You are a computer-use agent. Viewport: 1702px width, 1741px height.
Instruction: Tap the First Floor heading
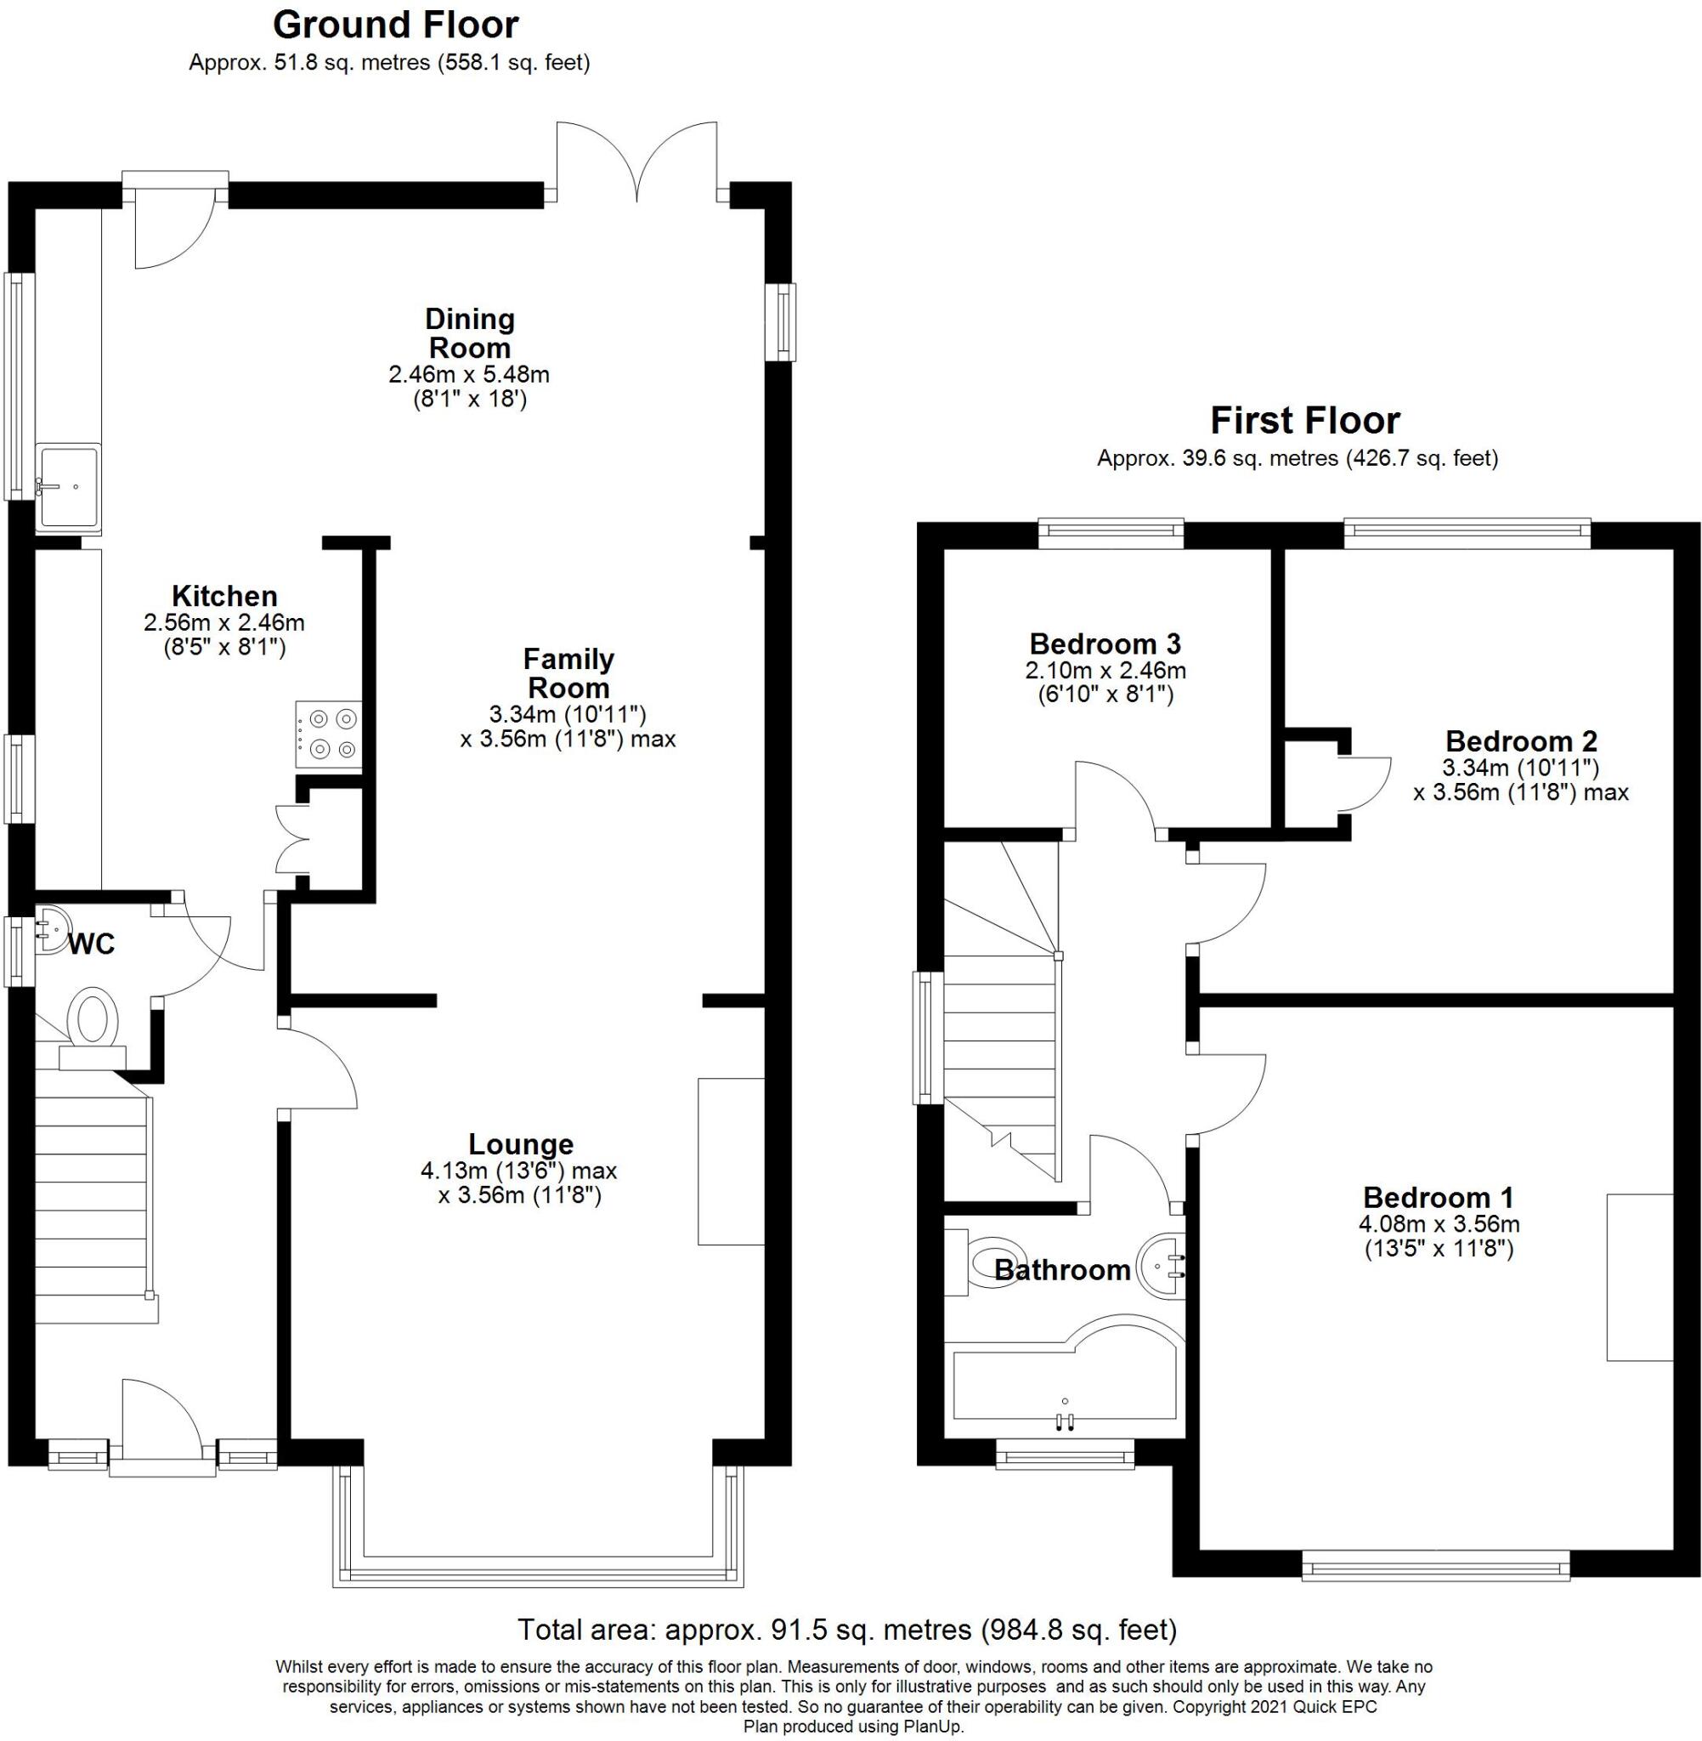tap(1304, 420)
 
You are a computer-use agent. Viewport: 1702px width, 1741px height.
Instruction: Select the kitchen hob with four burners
tap(329, 734)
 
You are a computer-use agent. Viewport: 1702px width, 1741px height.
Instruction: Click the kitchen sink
tap(69, 486)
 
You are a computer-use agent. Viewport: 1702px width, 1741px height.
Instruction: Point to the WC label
tap(92, 944)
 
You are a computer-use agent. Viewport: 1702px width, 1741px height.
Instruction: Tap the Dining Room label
tap(469, 332)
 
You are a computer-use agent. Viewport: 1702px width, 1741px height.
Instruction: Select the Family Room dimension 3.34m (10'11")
tap(567, 713)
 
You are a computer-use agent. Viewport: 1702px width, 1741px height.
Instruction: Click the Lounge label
tap(520, 1143)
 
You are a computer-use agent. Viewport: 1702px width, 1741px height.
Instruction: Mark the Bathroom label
tap(1062, 1270)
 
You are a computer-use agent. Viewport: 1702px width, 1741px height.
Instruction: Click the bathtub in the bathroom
tap(1064, 1380)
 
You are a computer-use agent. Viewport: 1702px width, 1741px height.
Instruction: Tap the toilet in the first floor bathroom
tap(994, 1262)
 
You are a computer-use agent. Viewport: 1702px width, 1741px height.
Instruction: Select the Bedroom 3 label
tap(1105, 644)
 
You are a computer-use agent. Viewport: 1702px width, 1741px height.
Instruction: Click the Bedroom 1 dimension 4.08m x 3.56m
tap(1439, 1224)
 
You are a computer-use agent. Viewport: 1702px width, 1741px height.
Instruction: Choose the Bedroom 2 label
tap(1520, 741)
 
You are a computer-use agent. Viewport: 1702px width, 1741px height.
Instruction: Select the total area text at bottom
tap(846, 1630)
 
